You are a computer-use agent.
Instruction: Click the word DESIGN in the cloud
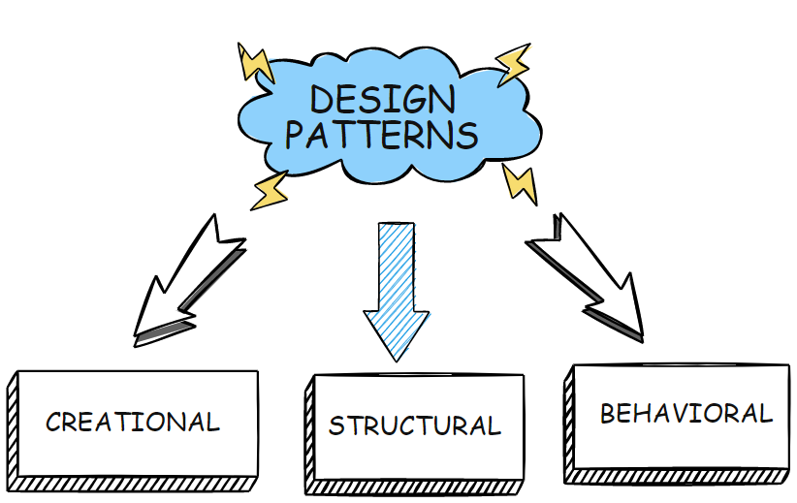point(382,100)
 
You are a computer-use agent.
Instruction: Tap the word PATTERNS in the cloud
point(381,135)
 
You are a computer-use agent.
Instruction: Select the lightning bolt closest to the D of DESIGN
point(256,62)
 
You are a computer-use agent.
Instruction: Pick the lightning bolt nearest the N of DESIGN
point(513,63)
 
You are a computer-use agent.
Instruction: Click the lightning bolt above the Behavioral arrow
point(519,182)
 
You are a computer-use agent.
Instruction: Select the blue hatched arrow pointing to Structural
point(396,286)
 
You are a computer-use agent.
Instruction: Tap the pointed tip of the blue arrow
point(396,357)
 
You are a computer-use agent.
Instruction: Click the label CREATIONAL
point(133,423)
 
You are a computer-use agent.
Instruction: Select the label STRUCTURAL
point(414,425)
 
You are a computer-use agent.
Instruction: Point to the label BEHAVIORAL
point(685,414)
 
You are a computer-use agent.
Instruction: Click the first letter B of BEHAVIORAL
point(608,414)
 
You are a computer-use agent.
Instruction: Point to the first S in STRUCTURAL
point(335,426)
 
